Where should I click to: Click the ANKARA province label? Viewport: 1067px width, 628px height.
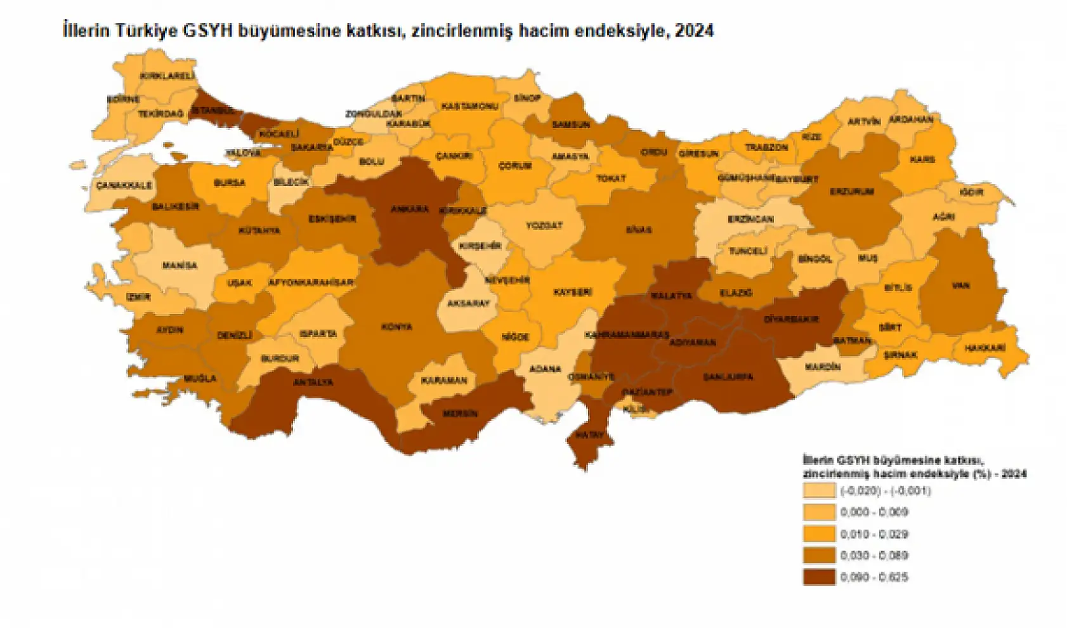coord(409,209)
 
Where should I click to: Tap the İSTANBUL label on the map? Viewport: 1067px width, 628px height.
coord(213,110)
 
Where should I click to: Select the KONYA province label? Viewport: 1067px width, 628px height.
coord(396,327)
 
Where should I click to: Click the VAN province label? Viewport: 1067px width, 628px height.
coord(960,286)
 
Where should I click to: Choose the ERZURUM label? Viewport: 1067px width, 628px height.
coord(852,191)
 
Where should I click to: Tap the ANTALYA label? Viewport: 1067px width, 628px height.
coord(312,383)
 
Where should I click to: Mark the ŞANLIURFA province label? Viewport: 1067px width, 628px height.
coord(728,377)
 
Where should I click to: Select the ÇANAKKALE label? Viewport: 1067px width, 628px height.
coord(124,185)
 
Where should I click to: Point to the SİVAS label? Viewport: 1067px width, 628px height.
coord(638,230)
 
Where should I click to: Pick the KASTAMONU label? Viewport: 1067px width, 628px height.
coord(469,107)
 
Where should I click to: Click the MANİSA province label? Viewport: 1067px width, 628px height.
coord(180,266)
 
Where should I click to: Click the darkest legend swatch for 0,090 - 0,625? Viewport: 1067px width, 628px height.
coord(819,577)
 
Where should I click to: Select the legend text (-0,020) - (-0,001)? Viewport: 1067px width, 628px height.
coord(886,490)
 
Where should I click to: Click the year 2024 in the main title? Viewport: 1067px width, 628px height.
coord(694,30)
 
